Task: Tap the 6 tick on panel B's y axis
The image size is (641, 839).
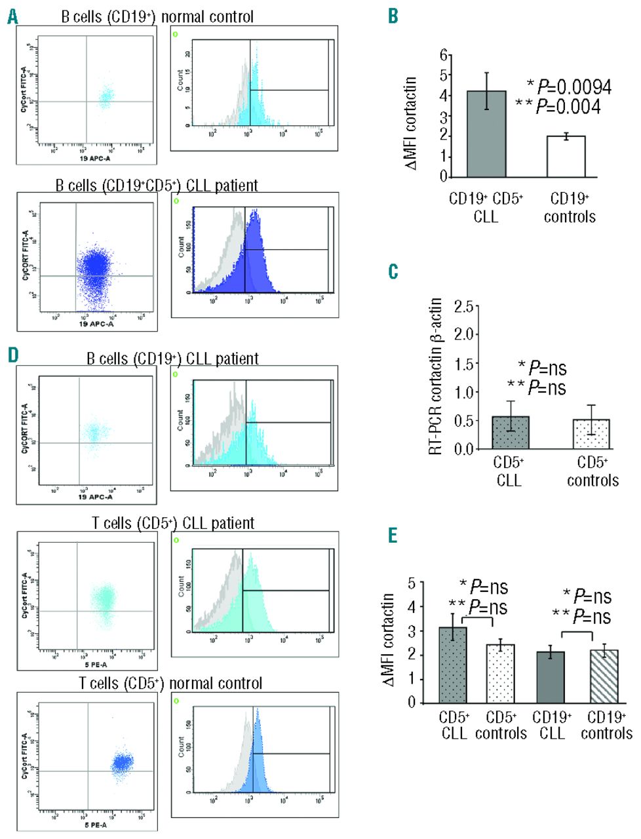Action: click(444, 55)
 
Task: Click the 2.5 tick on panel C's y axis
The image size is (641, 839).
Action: click(464, 306)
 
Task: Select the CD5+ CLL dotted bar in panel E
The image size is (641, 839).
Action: click(452, 665)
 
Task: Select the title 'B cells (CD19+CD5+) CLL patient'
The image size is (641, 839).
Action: click(157, 185)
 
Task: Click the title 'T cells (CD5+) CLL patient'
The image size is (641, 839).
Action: click(173, 523)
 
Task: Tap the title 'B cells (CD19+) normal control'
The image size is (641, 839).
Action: click(157, 16)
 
